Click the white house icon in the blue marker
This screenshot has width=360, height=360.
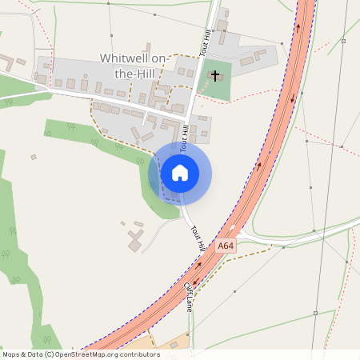point(180,172)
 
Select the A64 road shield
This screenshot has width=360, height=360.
point(226,246)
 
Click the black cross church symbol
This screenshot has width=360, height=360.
point(214,75)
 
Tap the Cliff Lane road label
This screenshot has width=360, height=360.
point(189,294)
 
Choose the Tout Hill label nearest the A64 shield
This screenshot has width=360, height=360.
point(198,238)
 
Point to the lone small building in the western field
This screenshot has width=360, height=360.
point(34,157)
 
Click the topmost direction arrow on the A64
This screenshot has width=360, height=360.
point(298,27)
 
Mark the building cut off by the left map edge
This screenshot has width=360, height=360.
point(3,59)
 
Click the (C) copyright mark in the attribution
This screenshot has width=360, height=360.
point(49,354)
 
